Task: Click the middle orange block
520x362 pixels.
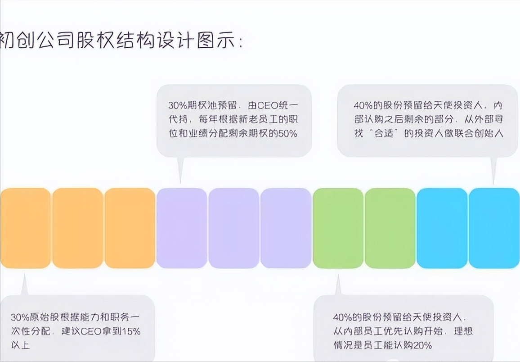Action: click(x=77, y=228)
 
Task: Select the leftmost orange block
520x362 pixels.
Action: click(x=25, y=228)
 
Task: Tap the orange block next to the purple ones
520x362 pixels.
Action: click(x=130, y=228)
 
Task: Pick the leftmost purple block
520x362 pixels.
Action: click(x=182, y=228)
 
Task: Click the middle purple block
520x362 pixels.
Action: click(x=234, y=228)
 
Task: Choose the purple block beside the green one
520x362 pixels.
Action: click(x=286, y=228)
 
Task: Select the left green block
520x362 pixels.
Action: click(x=338, y=228)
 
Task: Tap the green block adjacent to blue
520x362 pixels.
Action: click(x=390, y=228)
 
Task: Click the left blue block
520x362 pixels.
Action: click(x=442, y=228)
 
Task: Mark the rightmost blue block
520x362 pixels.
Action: click(x=494, y=228)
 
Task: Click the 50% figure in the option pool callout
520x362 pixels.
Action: click(x=287, y=134)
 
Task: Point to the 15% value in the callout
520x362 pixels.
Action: click(x=131, y=331)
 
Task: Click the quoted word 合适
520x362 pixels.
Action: click(x=381, y=134)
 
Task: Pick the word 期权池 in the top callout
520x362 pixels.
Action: click(x=200, y=106)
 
